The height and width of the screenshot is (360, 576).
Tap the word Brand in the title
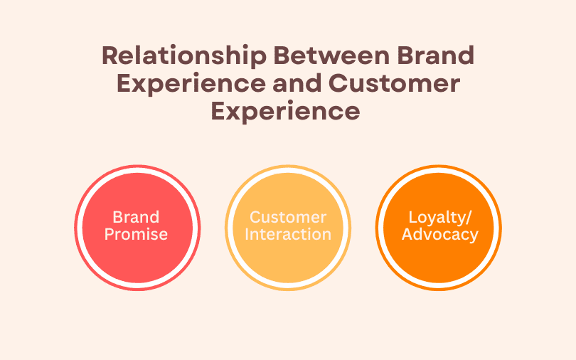[x=431, y=56]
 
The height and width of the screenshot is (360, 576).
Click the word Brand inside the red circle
[x=136, y=217]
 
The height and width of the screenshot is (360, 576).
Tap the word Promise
[x=136, y=234]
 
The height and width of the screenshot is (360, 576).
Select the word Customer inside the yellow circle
[x=288, y=217]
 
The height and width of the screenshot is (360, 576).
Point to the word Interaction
[x=288, y=234]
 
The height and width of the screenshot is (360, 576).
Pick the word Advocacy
[x=439, y=234]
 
